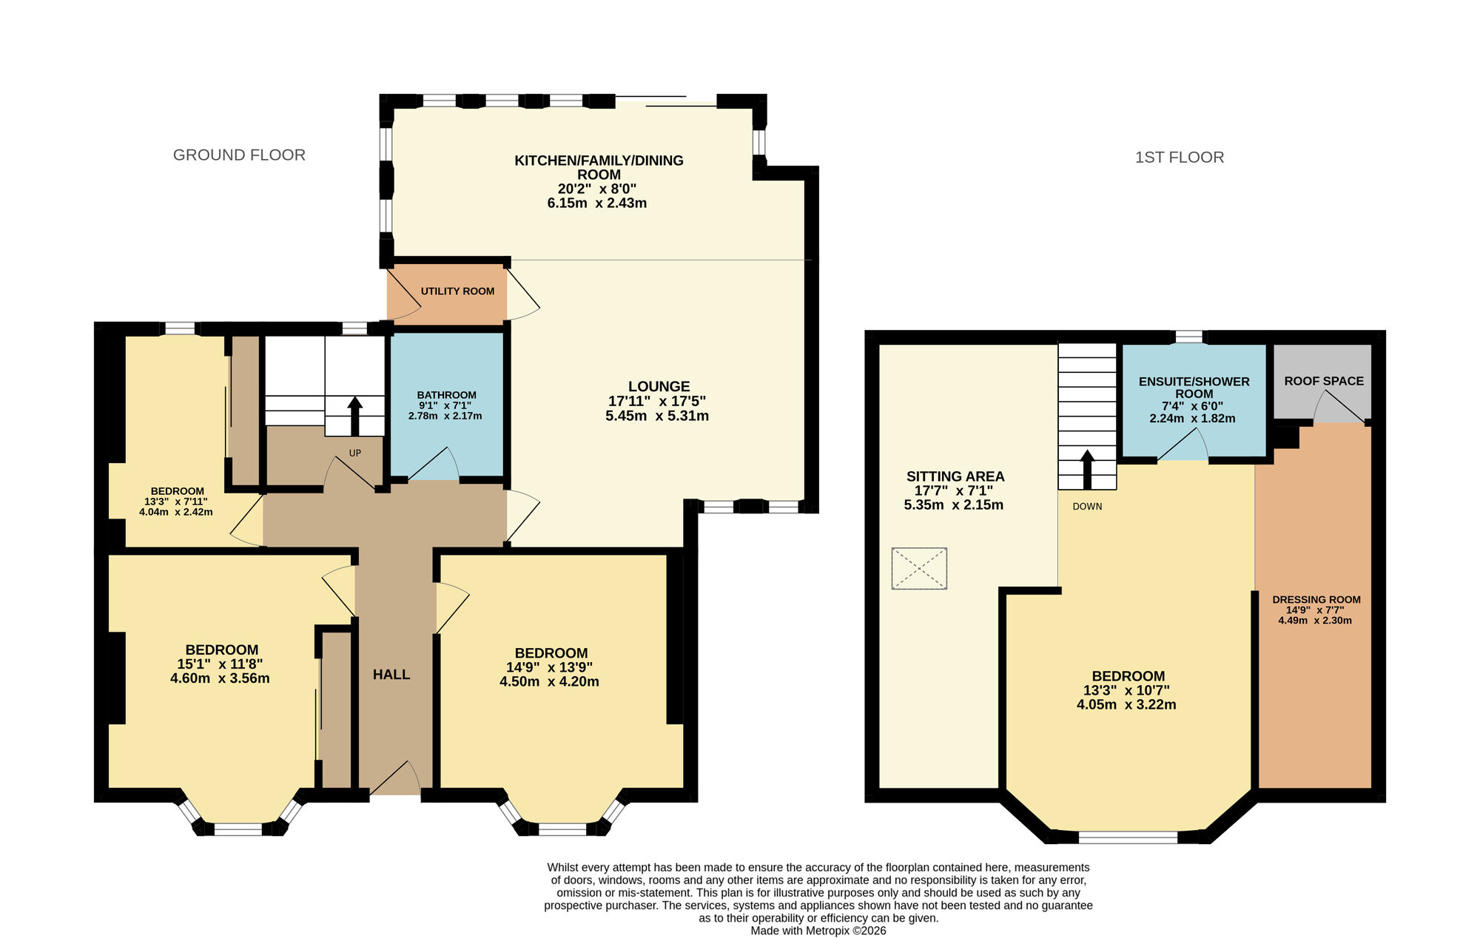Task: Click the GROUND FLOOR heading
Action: (x=239, y=155)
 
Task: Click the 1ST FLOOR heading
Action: (x=1180, y=158)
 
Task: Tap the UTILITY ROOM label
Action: (x=457, y=291)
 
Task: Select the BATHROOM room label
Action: (x=446, y=395)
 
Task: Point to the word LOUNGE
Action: (x=659, y=386)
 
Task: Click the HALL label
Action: (x=391, y=675)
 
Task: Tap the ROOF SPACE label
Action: (x=1324, y=381)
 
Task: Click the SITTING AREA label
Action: (x=955, y=476)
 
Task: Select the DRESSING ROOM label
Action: (x=1316, y=600)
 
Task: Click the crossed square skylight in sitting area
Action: (x=919, y=568)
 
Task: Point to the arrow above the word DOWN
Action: (x=1087, y=469)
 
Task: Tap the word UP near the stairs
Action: (x=355, y=453)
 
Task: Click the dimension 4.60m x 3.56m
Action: (x=220, y=678)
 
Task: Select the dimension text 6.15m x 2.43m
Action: (x=596, y=203)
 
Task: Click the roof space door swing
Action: (x=1339, y=408)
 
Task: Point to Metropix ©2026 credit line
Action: (x=818, y=931)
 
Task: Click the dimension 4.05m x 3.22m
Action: (x=1126, y=705)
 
